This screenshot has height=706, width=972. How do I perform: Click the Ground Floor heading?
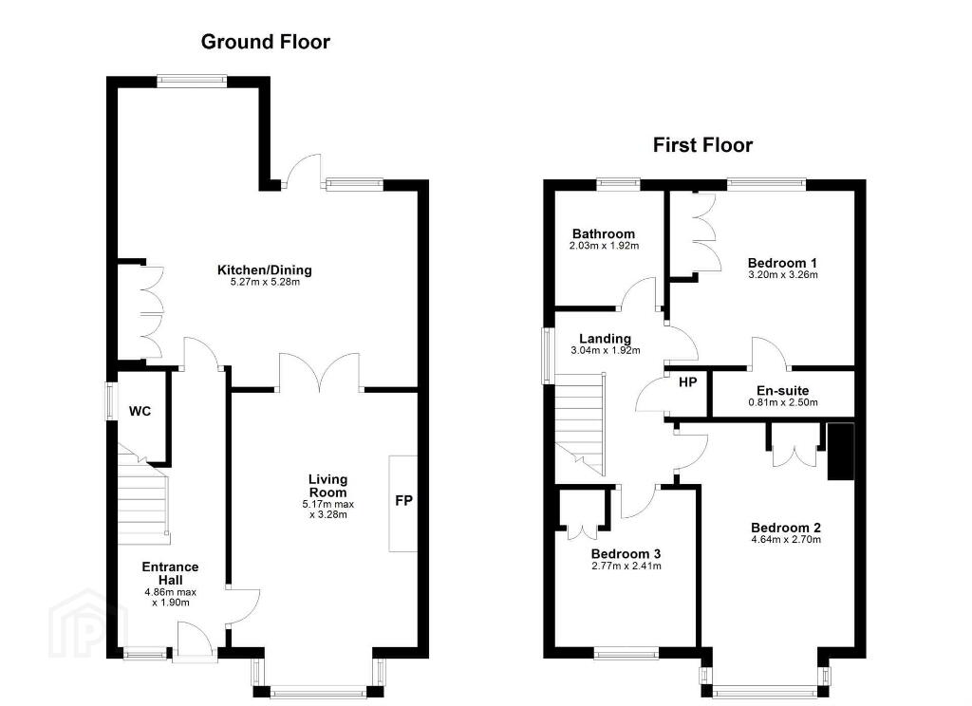pyautogui.click(x=266, y=42)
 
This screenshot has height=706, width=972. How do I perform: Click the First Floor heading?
pyautogui.click(x=702, y=145)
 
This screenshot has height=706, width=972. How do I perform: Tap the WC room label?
pyautogui.click(x=140, y=411)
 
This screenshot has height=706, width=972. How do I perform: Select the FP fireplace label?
pyautogui.click(x=403, y=500)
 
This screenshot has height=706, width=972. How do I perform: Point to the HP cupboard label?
pyautogui.click(x=687, y=382)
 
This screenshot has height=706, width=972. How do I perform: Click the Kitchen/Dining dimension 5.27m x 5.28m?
pyautogui.click(x=265, y=282)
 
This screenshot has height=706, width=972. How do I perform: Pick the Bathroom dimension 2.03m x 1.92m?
pyautogui.click(x=604, y=246)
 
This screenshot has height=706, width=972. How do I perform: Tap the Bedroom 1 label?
pyautogui.click(x=782, y=263)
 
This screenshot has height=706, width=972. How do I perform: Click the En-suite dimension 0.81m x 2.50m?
pyautogui.click(x=782, y=402)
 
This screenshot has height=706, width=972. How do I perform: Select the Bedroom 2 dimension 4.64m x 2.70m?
pyautogui.click(x=785, y=539)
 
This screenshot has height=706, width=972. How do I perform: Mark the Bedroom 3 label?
pyautogui.click(x=626, y=554)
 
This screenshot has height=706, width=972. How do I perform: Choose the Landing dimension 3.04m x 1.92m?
pyautogui.click(x=605, y=350)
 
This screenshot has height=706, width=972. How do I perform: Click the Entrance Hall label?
pyautogui.click(x=171, y=573)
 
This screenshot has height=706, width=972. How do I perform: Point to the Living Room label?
pyautogui.click(x=327, y=486)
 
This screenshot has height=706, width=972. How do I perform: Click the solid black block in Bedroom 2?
pyautogui.click(x=841, y=452)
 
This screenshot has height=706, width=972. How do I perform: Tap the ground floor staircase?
pyautogui.click(x=143, y=496)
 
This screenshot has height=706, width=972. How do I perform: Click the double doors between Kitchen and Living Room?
pyautogui.click(x=319, y=372)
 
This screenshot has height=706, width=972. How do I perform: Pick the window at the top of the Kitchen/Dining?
pyautogui.click(x=191, y=80)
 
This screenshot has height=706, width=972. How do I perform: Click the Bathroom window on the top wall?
pyautogui.click(x=619, y=183)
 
